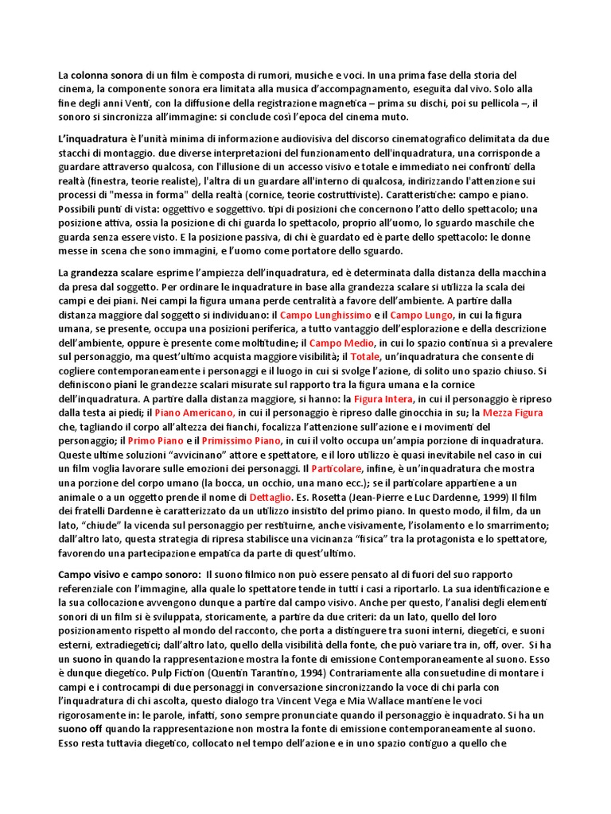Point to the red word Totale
coord(366,357)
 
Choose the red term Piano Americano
coord(195,412)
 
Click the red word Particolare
coord(338,468)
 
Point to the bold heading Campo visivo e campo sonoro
coord(128,573)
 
